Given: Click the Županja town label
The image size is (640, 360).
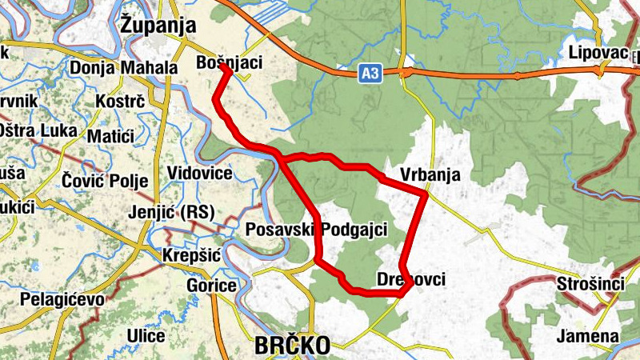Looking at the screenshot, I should [x=158, y=25].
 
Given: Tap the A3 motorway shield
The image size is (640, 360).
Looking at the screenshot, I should [x=368, y=74].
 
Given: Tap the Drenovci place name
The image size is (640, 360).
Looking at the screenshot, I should [x=410, y=279].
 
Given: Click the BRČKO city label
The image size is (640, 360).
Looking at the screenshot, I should [x=292, y=346].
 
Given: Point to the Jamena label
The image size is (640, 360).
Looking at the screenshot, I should [x=589, y=336].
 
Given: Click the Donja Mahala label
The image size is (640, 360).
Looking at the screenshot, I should [x=123, y=67].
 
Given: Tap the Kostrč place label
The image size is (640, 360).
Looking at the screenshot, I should [x=119, y=102].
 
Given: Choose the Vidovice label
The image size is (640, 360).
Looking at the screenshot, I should [x=200, y=174].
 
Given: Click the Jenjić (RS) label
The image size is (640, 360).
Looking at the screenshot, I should [x=168, y=212].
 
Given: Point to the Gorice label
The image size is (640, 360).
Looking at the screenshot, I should [x=210, y=286].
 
